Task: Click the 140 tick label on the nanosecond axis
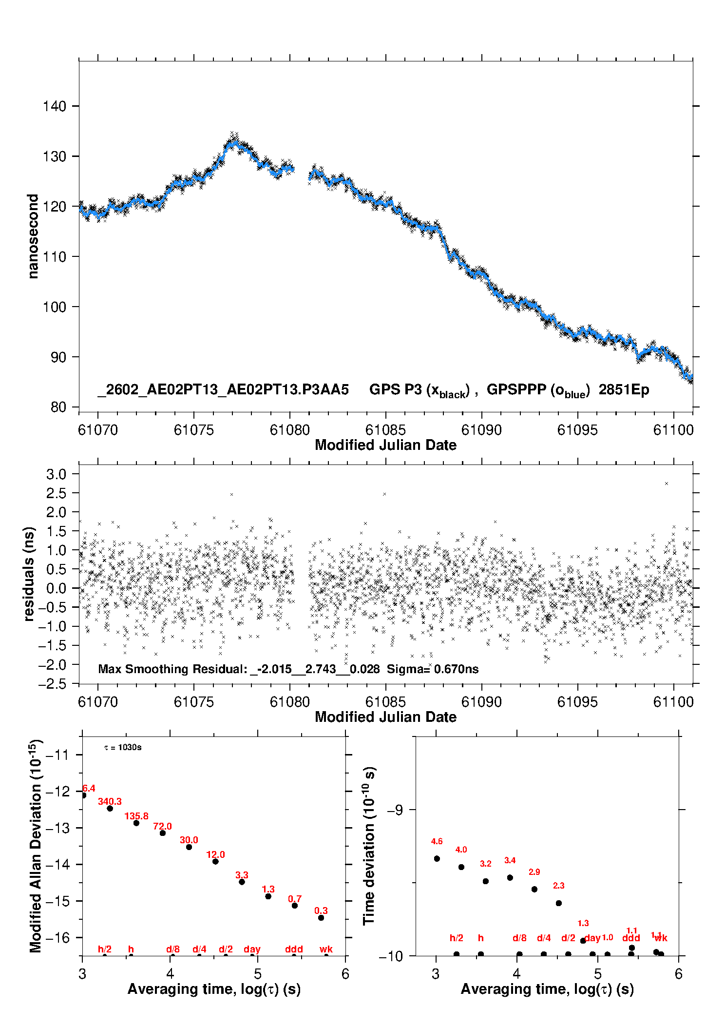point(54,106)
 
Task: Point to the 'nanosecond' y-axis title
point(33,236)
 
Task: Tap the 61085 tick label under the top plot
point(385,430)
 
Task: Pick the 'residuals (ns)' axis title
point(29,574)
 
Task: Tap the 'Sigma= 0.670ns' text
point(433,669)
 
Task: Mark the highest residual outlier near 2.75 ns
point(667,484)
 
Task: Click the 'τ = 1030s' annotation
point(123,747)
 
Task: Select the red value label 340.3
point(110,801)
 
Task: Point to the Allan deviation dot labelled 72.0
point(163,833)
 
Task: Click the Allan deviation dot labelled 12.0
point(215,861)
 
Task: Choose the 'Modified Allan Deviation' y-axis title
point(35,846)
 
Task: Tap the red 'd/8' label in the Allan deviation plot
point(173,949)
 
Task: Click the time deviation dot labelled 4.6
point(437,858)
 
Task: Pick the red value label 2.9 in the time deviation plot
point(534,872)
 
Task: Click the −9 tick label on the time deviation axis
point(395,810)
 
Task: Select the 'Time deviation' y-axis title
point(369,846)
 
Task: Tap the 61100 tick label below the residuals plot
point(673,702)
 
